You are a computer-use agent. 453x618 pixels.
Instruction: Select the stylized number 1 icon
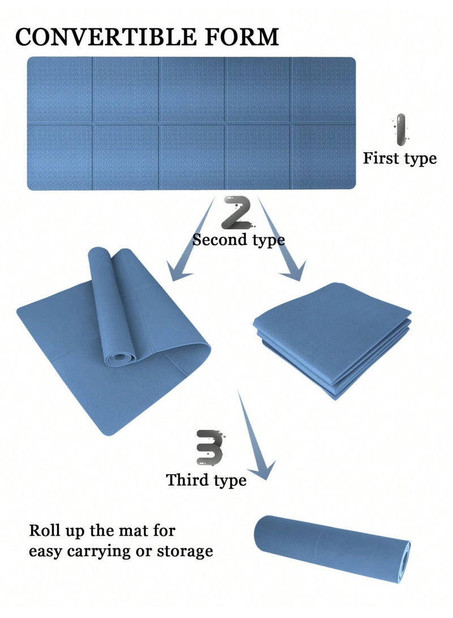point(400,130)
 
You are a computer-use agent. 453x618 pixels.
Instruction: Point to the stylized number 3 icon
point(210,447)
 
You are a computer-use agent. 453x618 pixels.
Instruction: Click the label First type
point(400,159)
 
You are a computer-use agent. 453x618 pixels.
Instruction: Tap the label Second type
point(238,240)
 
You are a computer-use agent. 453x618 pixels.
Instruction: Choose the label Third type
point(206,480)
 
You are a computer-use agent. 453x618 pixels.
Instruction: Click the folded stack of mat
point(332,340)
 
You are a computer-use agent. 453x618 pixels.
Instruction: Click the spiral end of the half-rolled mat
point(119,358)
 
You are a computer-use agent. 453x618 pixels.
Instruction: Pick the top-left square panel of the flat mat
point(60,90)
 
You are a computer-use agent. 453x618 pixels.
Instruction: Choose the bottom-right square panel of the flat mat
point(323,157)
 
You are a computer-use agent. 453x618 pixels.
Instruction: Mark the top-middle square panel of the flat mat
point(192,90)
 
